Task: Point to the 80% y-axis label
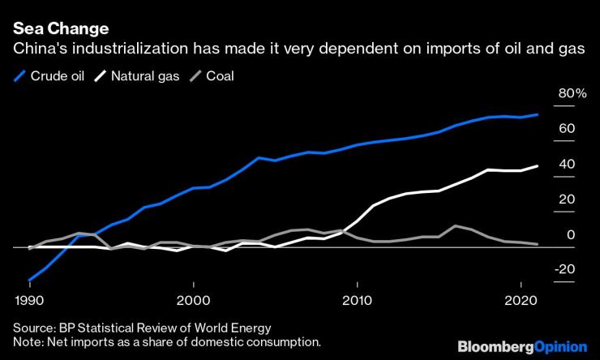(569, 94)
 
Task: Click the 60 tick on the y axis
(566, 129)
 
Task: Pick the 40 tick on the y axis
(566, 165)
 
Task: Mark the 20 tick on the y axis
(566, 199)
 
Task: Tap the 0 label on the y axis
(570, 235)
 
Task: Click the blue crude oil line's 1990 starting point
(30, 280)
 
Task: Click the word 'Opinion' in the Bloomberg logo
(561, 347)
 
